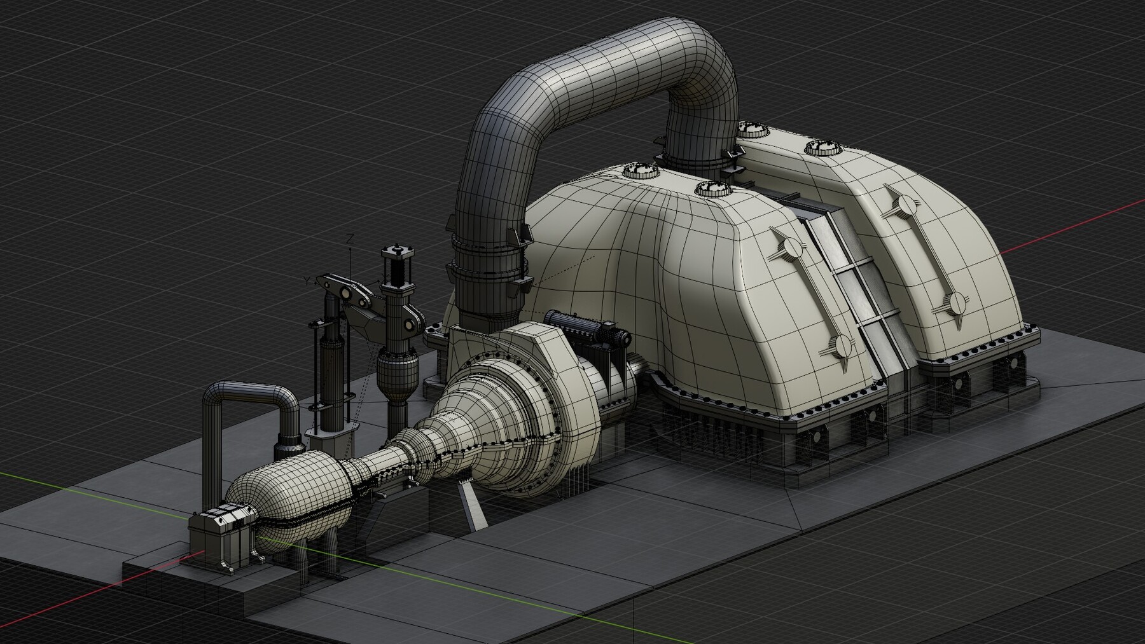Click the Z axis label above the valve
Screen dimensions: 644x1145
tap(350, 240)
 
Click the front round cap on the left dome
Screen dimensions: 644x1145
tap(711, 188)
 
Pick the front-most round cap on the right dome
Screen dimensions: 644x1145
tap(821, 147)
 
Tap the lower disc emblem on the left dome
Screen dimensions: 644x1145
tap(843, 345)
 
